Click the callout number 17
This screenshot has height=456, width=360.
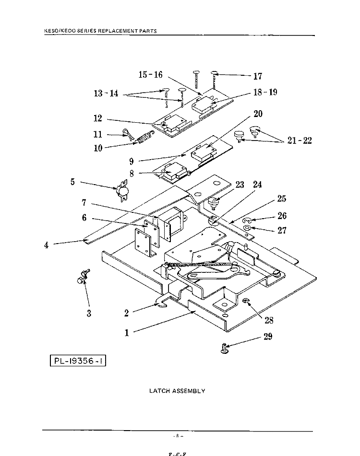pos(257,76)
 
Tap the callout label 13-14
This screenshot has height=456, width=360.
pos(106,94)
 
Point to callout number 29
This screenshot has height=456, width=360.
pos(268,336)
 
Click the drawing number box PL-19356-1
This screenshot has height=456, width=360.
pos(78,359)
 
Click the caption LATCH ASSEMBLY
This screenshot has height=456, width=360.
pos(177,391)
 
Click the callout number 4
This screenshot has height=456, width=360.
pos(46,245)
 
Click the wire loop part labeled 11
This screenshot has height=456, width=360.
pos(128,133)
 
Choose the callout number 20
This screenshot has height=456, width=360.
pos(258,114)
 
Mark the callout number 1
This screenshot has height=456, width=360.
pos(127,333)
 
